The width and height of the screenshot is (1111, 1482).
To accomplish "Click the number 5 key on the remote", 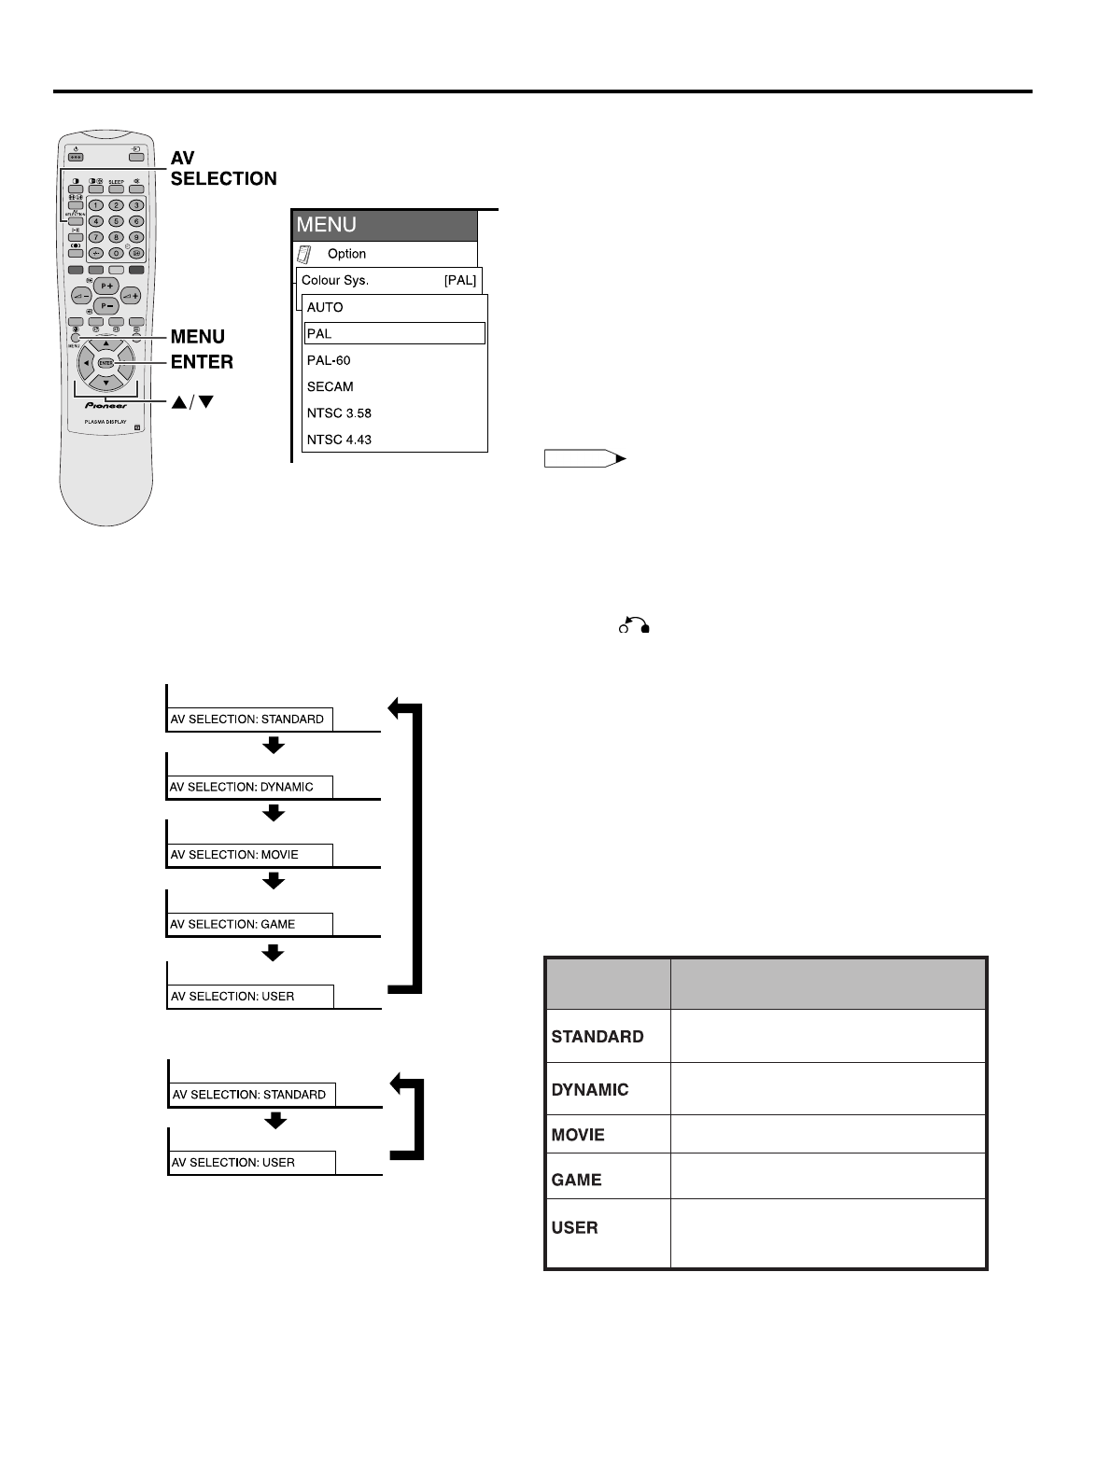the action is [116, 221].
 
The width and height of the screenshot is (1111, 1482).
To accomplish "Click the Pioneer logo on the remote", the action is [105, 406].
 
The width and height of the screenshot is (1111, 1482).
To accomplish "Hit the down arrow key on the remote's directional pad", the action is [106, 383].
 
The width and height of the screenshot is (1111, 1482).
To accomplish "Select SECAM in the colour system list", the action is [330, 386].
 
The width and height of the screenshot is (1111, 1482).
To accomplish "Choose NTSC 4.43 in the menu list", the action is [340, 440].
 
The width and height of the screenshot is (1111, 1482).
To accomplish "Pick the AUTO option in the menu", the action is [325, 307].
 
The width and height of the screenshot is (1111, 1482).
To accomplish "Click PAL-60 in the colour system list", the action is [329, 360].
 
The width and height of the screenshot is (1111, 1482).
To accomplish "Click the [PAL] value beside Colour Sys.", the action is [459, 280].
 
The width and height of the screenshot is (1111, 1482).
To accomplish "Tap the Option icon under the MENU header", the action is [303, 254].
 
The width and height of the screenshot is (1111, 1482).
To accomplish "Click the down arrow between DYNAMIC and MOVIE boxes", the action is [273, 813].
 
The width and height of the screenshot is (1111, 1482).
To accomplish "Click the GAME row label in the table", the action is [577, 1180].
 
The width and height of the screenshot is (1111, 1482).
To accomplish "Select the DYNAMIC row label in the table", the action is [590, 1089].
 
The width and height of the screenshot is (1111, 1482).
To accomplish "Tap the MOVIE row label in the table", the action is [579, 1135].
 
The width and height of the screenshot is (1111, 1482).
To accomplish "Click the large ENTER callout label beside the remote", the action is [202, 362].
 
